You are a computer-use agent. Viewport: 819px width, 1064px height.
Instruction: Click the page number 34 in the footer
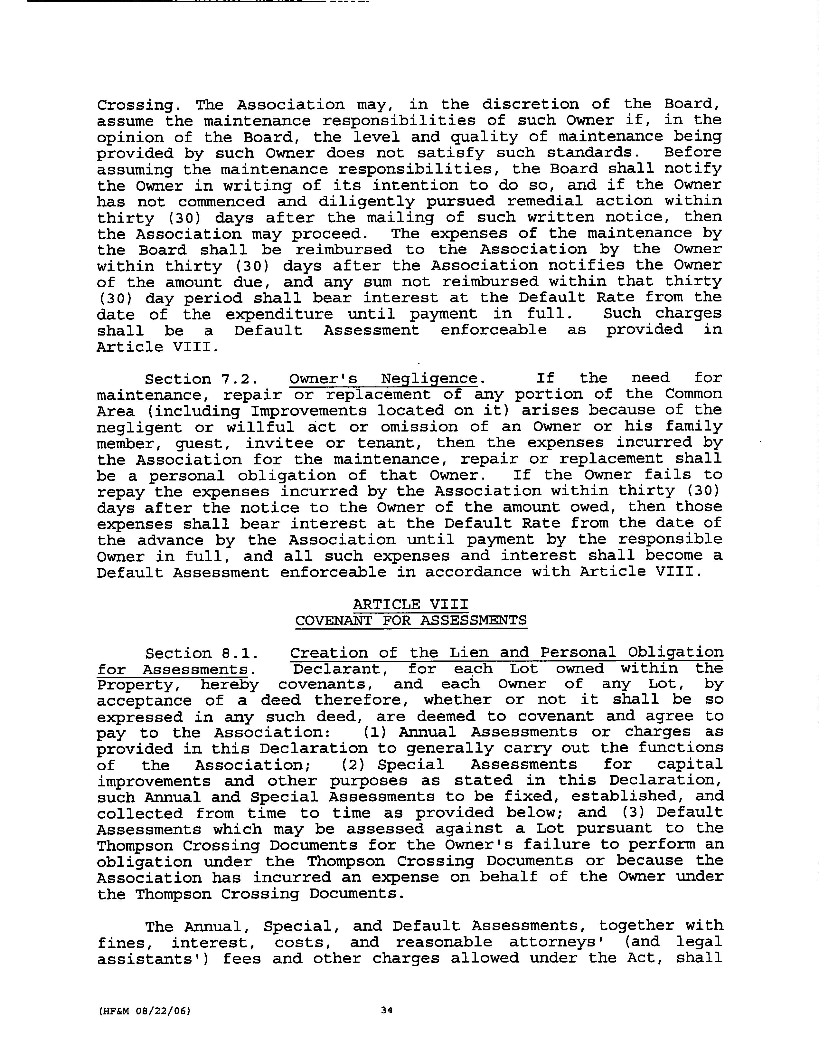click(387, 1010)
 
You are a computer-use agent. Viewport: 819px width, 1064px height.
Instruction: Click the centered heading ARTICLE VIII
click(410, 604)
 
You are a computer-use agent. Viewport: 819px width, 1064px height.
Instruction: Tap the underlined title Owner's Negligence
click(383, 378)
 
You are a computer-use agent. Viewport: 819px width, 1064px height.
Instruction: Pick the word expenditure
click(279, 314)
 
